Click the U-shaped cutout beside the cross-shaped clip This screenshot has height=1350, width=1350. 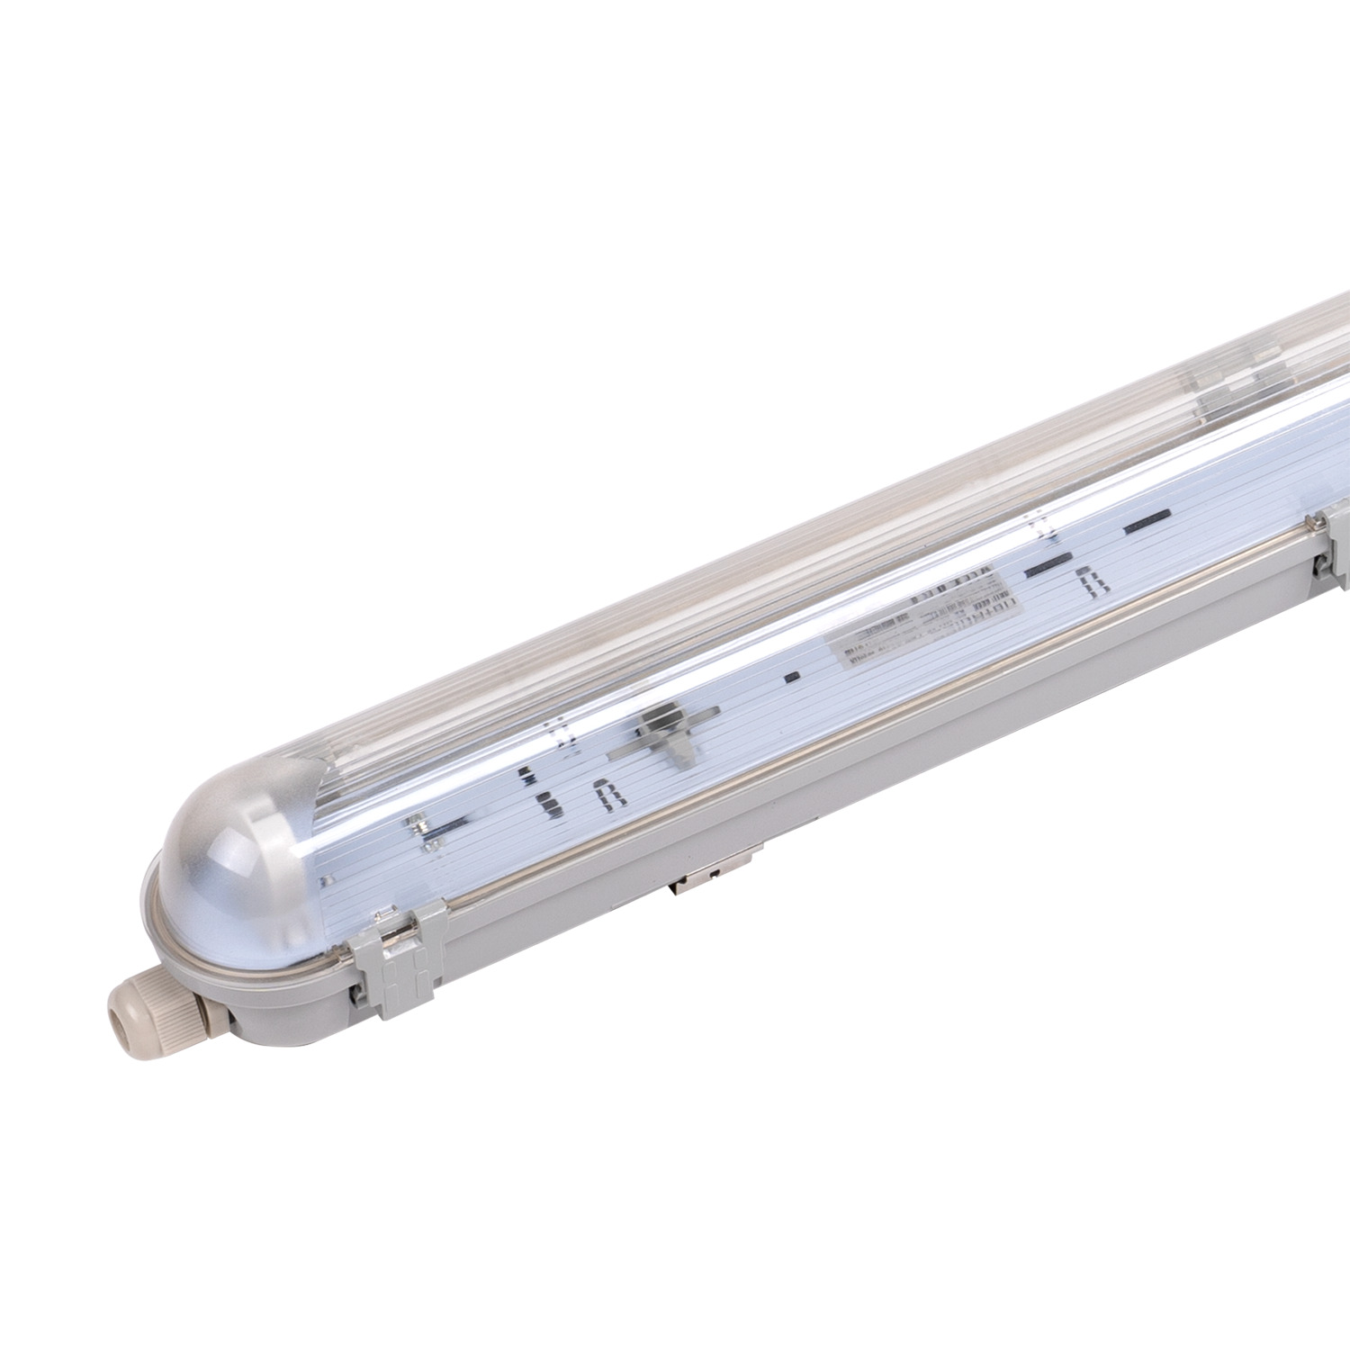tap(607, 796)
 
